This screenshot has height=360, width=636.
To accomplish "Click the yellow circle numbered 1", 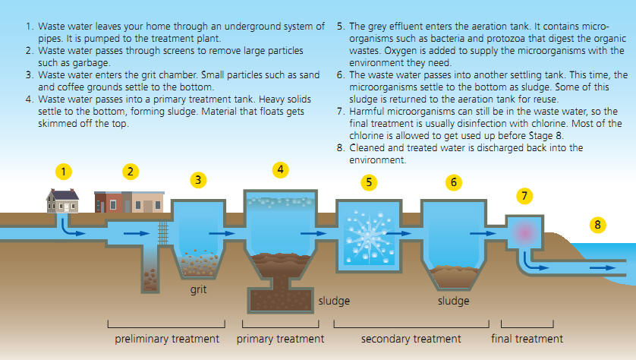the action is click(63, 172).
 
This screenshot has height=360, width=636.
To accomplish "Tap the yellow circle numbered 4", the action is click(280, 169).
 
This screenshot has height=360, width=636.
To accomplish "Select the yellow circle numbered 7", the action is click(524, 196).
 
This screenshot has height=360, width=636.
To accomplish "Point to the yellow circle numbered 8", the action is click(597, 225).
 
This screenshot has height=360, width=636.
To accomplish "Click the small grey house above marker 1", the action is click(62, 201).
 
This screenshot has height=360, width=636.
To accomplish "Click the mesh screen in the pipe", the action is click(163, 232).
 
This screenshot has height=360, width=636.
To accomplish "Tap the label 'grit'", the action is click(198, 290).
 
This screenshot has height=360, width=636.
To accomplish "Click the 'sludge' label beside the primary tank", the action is click(334, 301).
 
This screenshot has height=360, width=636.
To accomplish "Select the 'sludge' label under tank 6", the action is click(454, 301).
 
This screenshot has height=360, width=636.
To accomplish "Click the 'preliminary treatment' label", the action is click(167, 339).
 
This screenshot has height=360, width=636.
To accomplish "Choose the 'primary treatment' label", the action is click(280, 339).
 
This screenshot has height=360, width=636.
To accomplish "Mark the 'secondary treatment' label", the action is click(411, 339).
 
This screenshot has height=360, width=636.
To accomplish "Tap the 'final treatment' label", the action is click(527, 339).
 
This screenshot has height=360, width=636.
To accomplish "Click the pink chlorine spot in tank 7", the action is click(525, 232).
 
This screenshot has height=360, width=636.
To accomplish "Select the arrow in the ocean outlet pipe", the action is click(603, 268).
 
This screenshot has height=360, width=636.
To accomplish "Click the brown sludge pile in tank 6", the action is click(454, 276).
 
